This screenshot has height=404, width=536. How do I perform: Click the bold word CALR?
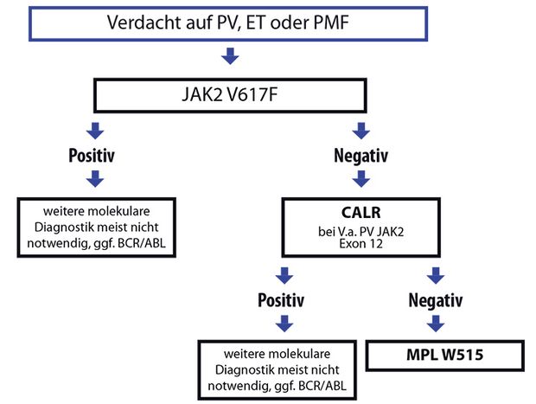click(361, 213)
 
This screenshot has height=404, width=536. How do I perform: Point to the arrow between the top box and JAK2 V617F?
click(230, 56)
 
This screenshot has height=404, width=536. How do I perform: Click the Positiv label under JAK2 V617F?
click(92, 156)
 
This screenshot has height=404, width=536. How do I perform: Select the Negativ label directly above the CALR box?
click(361, 156)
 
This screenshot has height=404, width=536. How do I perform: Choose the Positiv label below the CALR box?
click(281, 300)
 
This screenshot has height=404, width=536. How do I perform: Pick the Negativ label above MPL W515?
click(436, 300)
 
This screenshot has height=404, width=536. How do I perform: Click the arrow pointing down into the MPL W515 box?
click(436, 324)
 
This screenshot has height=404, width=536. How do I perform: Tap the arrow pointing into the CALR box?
click(361, 179)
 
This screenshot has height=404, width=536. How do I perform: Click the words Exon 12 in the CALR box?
click(361, 244)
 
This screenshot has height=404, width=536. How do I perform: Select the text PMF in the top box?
click(331, 22)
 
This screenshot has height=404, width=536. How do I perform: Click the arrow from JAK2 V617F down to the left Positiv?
click(95, 131)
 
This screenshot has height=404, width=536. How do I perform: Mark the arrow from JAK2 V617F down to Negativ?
click(361, 131)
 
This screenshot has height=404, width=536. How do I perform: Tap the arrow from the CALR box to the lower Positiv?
click(284, 276)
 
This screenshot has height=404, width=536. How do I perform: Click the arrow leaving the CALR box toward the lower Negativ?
click(436, 276)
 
